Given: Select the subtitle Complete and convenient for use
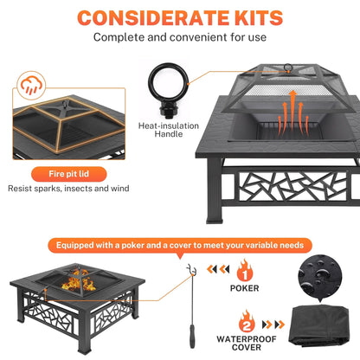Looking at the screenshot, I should (x=180, y=37).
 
